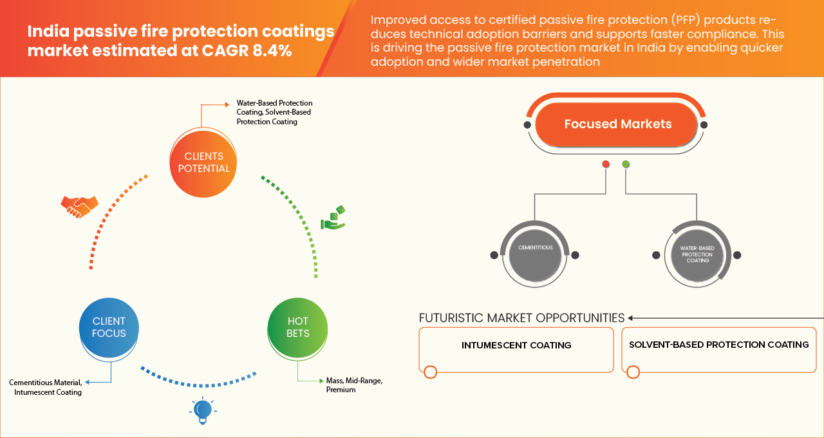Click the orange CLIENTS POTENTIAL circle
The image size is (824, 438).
point(203,162)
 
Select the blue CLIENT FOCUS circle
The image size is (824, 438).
point(109,327)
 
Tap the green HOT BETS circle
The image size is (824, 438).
point(298,327)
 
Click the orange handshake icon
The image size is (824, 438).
point(79,206)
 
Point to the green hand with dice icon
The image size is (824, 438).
point(333,218)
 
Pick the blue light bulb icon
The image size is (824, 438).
point(203,410)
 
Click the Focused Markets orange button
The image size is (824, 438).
point(617,124)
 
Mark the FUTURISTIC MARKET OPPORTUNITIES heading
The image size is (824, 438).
point(521,318)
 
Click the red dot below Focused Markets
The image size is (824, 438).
point(606,164)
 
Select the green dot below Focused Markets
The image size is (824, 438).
point(626,164)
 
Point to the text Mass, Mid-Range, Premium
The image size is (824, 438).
point(355,385)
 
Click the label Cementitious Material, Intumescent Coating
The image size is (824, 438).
point(46,388)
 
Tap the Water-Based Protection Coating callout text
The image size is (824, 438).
point(274,112)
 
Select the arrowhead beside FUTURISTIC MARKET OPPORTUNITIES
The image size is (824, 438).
point(632,318)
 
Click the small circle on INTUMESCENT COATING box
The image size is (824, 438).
point(431,372)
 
